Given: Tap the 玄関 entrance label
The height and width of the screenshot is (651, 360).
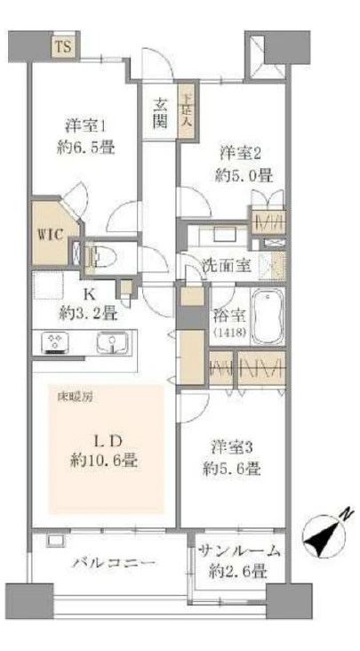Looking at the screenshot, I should click(x=159, y=113).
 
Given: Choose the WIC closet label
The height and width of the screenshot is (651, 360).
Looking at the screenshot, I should click(x=48, y=235).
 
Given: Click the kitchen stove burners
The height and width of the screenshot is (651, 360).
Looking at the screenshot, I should click(x=55, y=342).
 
